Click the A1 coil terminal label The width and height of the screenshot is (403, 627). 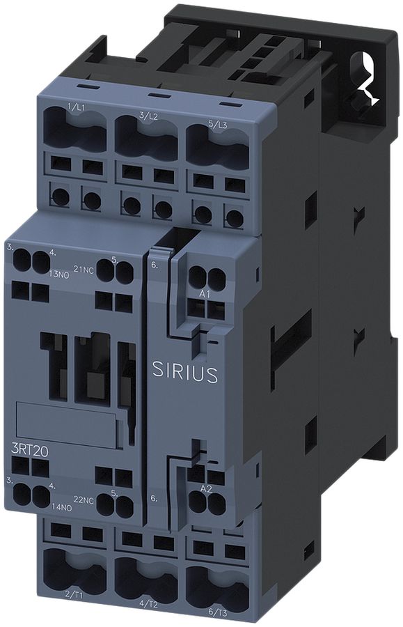(205, 295)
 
